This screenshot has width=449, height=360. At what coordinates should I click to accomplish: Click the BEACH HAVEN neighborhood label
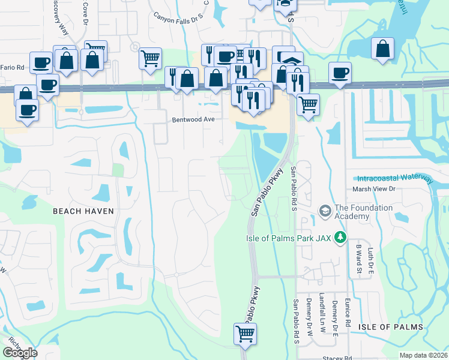click(83, 211)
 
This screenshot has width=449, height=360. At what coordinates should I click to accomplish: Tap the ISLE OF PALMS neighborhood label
click(391, 327)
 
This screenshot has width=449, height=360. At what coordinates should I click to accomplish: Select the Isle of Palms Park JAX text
click(289, 238)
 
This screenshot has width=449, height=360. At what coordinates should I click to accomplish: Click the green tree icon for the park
click(340, 238)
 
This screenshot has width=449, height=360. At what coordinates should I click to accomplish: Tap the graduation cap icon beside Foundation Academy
click(325, 211)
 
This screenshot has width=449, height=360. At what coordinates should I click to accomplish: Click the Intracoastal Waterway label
click(394, 179)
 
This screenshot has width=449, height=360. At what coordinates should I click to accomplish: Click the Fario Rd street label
click(11, 67)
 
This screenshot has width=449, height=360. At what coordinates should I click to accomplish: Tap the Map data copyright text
click(424, 355)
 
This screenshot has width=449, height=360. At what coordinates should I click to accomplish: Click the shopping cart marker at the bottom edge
click(245, 334)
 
